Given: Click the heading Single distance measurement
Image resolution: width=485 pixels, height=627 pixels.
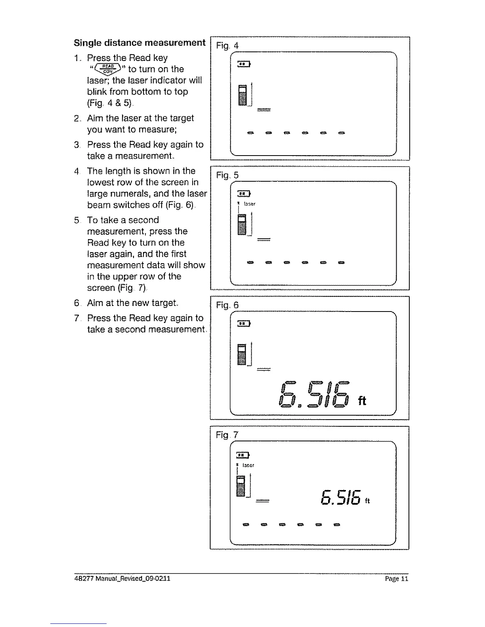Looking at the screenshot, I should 139,43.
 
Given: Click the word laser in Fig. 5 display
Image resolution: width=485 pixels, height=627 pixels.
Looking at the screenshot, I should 249,204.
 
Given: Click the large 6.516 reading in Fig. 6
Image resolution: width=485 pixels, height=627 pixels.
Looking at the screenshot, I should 313,394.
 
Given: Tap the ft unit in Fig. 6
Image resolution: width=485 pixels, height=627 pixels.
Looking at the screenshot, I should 362,401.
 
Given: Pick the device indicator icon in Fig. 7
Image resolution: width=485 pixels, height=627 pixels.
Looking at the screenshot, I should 241,486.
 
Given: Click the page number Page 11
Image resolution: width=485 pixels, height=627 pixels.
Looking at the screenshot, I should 396,579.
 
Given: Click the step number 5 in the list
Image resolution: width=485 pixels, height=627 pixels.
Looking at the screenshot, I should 76,220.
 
